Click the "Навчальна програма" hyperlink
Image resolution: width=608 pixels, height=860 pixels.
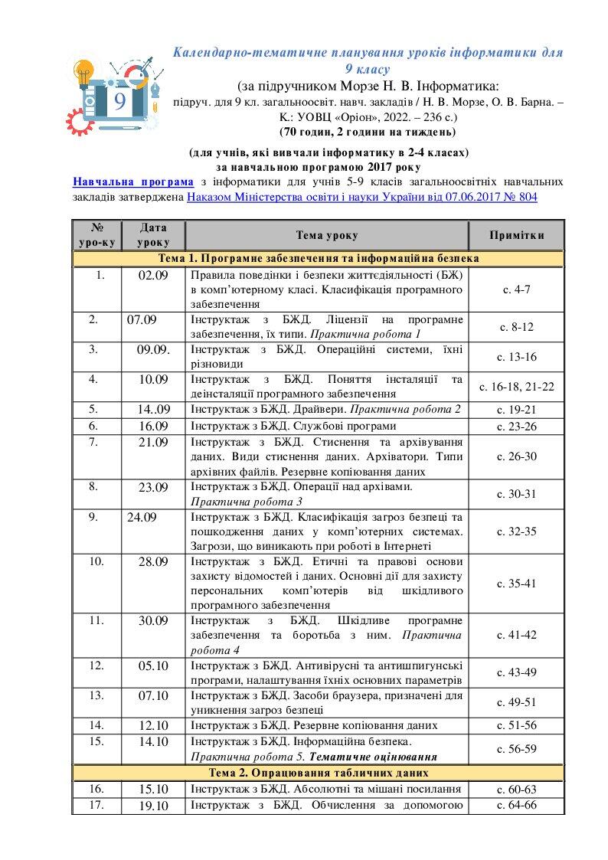coord(133,182)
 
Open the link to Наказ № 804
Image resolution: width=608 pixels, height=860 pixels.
coord(362,198)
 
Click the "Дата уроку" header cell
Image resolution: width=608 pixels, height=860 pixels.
coord(152,235)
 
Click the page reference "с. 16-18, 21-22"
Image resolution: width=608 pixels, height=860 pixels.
coord(517,387)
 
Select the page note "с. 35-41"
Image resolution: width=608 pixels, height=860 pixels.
coord(517,584)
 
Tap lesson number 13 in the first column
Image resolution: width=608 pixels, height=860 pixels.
coord(96,696)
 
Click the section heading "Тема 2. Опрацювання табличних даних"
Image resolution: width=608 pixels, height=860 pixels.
coord(318,773)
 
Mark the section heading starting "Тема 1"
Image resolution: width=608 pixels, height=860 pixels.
coord(318,259)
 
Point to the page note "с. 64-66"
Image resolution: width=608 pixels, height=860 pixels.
coord(517,805)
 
